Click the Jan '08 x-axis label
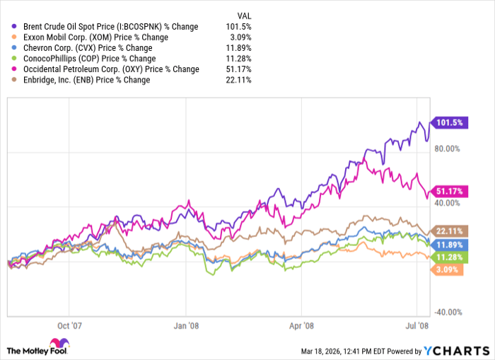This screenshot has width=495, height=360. click(x=186, y=327)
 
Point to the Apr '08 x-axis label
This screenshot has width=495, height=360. click(x=301, y=327)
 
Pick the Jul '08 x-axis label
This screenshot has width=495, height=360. click(x=417, y=327)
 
